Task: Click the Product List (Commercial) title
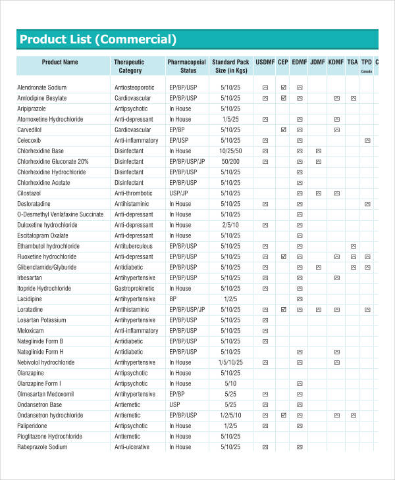98,39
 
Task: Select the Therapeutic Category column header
130,66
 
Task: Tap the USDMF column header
265,62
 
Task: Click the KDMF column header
336,62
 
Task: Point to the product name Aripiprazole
36,108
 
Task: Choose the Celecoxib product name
32,140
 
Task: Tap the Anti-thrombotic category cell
134,193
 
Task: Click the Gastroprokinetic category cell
135,288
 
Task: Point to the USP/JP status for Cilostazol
178,193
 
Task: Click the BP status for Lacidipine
172,299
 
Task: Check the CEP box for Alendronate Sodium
283,87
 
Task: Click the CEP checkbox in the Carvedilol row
283,130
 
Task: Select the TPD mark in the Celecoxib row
367,140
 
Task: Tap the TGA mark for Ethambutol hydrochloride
353,246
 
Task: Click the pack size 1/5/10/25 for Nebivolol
231,362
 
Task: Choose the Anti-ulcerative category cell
132,446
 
